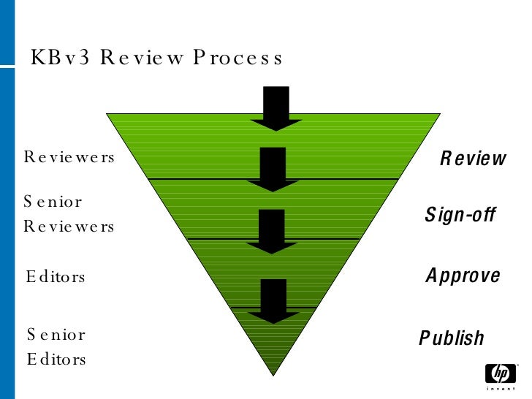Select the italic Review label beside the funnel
coord(473,159)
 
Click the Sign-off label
coord(460,215)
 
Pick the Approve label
coord(463,275)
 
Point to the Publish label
coord(452,338)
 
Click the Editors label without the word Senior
coord(56,277)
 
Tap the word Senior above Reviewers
coord(53,201)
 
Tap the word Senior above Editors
coord(56,335)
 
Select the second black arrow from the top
coord(273,169)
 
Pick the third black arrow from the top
coord(273,231)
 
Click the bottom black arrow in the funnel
coord(273,300)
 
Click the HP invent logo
coord(500,377)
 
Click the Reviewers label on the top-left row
coord(69,157)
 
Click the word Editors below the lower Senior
coord(56,360)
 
